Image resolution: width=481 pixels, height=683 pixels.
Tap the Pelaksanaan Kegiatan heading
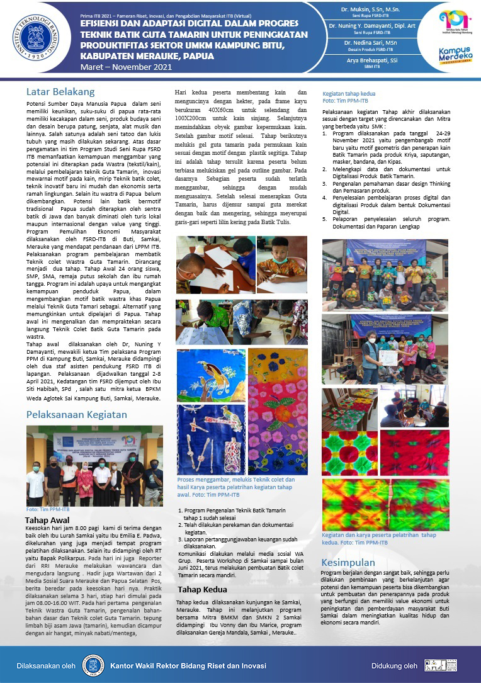coord(77,414)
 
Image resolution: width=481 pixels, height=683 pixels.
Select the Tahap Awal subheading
coord(47,520)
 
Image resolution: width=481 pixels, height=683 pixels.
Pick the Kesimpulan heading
coord(348,562)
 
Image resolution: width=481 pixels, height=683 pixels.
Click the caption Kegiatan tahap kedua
coord(349,94)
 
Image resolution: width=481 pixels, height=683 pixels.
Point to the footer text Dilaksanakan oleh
coord(47,665)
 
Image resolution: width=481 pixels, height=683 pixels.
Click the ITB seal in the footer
coord(93,664)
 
